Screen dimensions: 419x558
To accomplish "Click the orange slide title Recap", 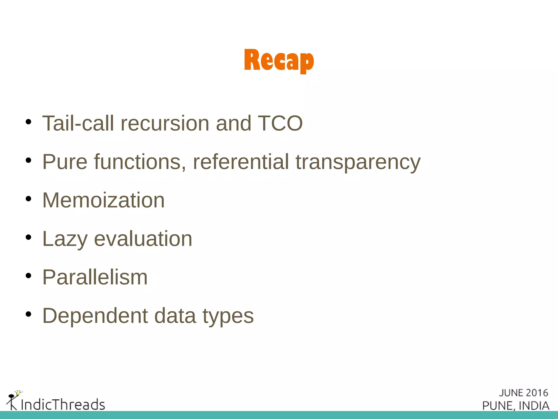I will tap(279, 61).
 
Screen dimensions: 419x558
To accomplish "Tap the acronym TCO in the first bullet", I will tap(280, 123).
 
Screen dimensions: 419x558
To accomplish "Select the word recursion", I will tap(165, 123).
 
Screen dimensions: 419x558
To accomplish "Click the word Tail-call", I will tap(78, 123).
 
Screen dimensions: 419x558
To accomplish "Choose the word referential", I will tap(241, 162).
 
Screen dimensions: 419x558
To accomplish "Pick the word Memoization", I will tap(104, 200).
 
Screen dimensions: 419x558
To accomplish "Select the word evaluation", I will tap(143, 239).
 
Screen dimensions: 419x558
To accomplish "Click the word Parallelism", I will tap(95, 277).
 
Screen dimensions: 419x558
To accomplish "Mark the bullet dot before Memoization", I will tap(28, 199).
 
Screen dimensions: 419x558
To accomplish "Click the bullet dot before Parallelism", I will tap(28, 276).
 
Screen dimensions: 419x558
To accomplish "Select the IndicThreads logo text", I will tap(63, 404).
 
